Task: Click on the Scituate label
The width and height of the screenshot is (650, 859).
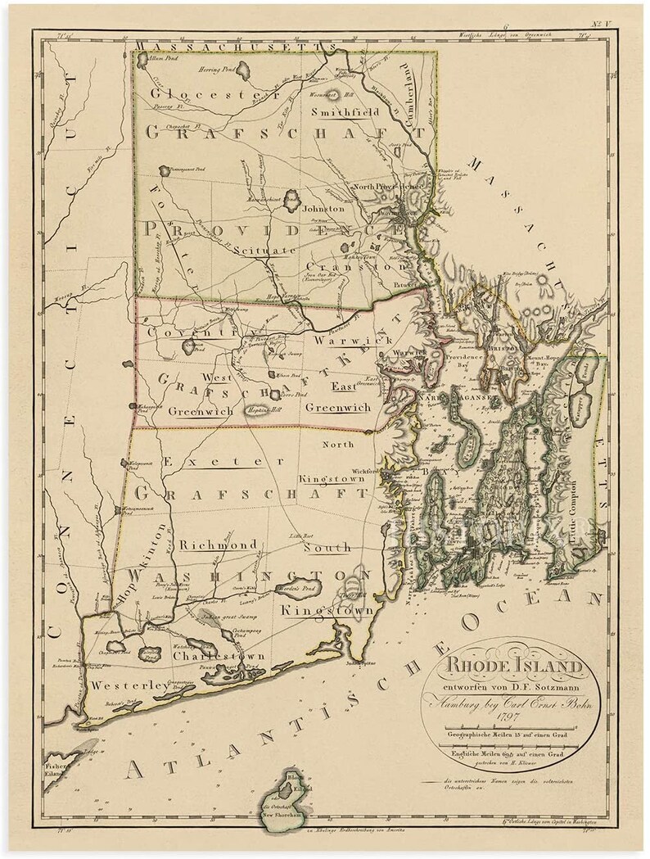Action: [x=263, y=249]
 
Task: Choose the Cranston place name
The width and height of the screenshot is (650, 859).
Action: [x=356, y=267]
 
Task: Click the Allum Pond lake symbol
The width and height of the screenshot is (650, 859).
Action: [x=151, y=60]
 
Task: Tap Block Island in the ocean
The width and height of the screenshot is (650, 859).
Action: [x=288, y=794]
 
